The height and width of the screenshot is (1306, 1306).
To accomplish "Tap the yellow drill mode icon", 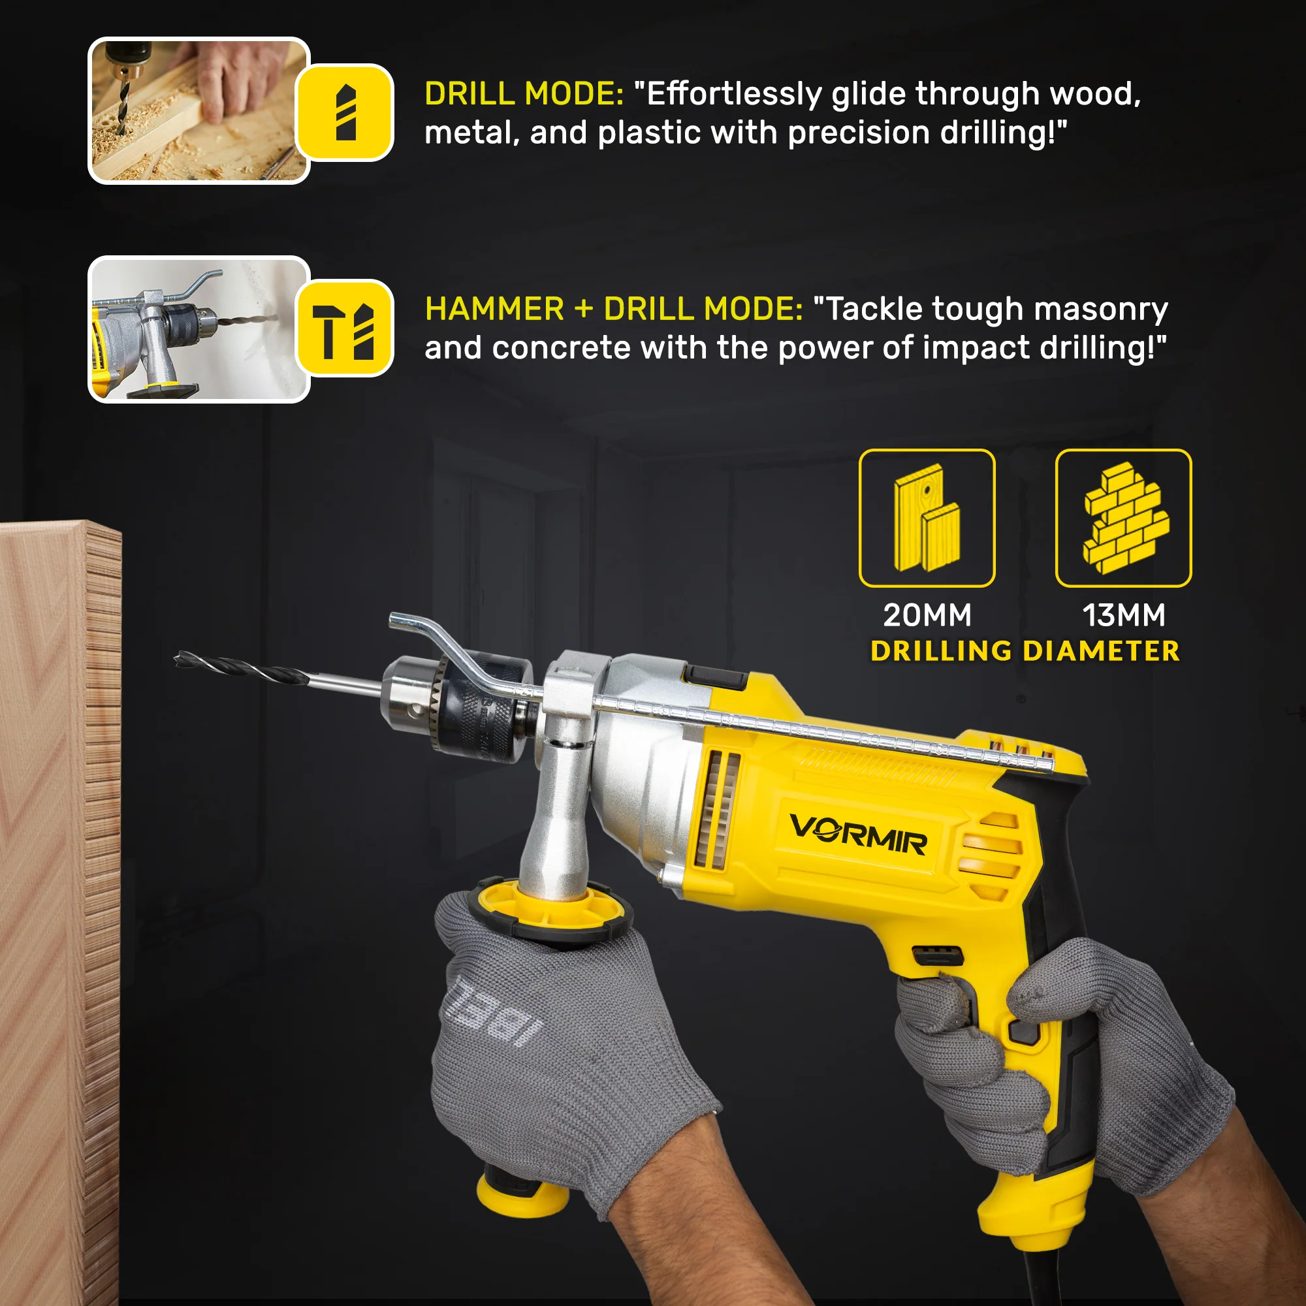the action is pyautogui.click(x=345, y=112).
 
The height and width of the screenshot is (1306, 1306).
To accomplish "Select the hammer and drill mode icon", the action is pyautogui.click(x=345, y=328).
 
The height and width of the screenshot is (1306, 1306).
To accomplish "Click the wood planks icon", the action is pyautogui.click(x=927, y=518).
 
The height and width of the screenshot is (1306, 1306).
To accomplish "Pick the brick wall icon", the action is pyautogui.click(x=1123, y=518).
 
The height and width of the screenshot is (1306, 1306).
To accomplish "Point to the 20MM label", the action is pyautogui.click(x=927, y=615).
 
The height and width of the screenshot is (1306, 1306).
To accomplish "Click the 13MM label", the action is pyautogui.click(x=1123, y=615).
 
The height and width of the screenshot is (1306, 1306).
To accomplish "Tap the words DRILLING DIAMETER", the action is pyautogui.click(x=1025, y=651).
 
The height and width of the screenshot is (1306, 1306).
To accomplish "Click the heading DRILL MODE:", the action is pyautogui.click(x=524, y=93).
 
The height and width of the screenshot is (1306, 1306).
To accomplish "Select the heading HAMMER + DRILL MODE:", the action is pyautogui.click(x=614, y=309).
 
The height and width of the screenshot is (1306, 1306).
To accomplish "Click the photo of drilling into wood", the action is pyautogui.click(x=199, y=110).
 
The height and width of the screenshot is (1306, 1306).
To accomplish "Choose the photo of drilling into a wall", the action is pyautogui.click(x=199, y=329).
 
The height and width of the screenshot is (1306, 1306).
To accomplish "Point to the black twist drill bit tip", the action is pyautogui.click(x=177, y=657).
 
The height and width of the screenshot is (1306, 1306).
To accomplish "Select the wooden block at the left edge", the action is pyautogui.click(x=60, y=913).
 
